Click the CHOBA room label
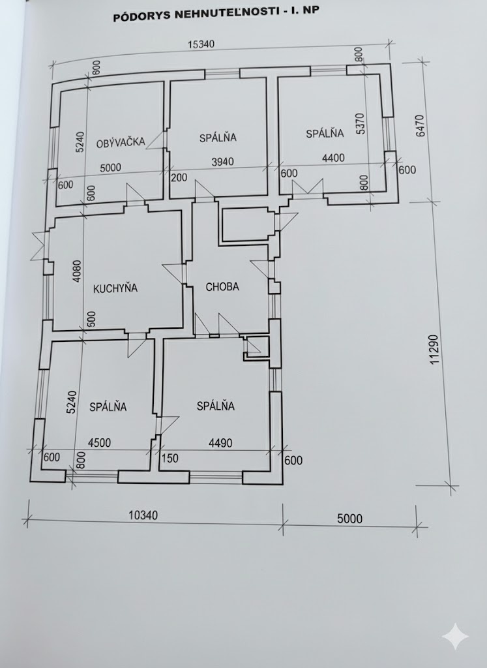[222, 286]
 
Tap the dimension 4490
[219, 442]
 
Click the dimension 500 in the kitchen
[91, 319]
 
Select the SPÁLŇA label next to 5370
[324, 134]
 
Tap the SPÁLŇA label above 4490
[215, 406]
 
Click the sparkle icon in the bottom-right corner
[454, 636]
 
